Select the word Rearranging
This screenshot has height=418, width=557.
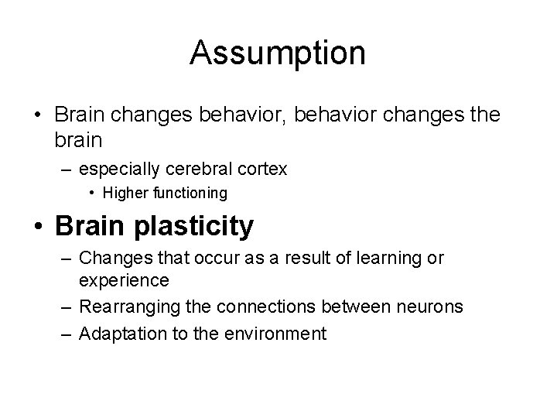[133, 307]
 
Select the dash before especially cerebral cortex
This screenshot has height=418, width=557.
[70, 168]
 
